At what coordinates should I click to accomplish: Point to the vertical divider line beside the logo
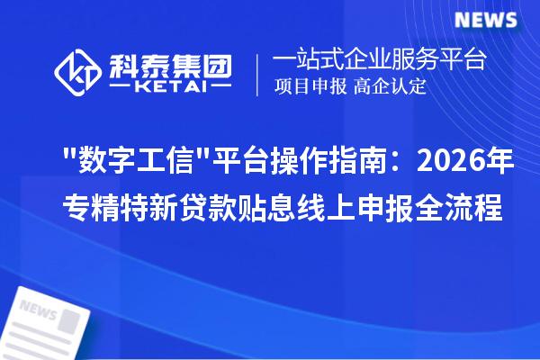(259, 74)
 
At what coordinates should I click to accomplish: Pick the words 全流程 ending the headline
(464, 208)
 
